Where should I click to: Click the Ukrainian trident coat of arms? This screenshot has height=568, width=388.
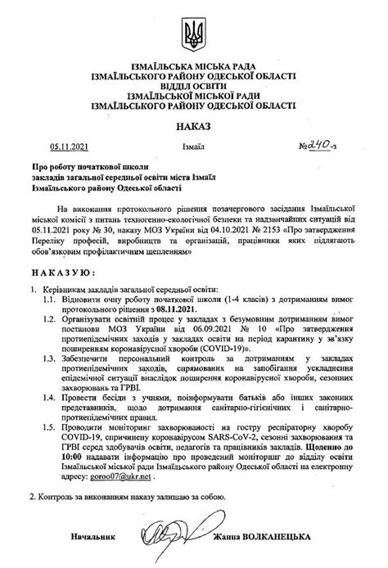[193, 36]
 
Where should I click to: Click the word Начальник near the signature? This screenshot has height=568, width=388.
[89, 537]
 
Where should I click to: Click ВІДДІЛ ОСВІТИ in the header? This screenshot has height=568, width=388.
[193, 84]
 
